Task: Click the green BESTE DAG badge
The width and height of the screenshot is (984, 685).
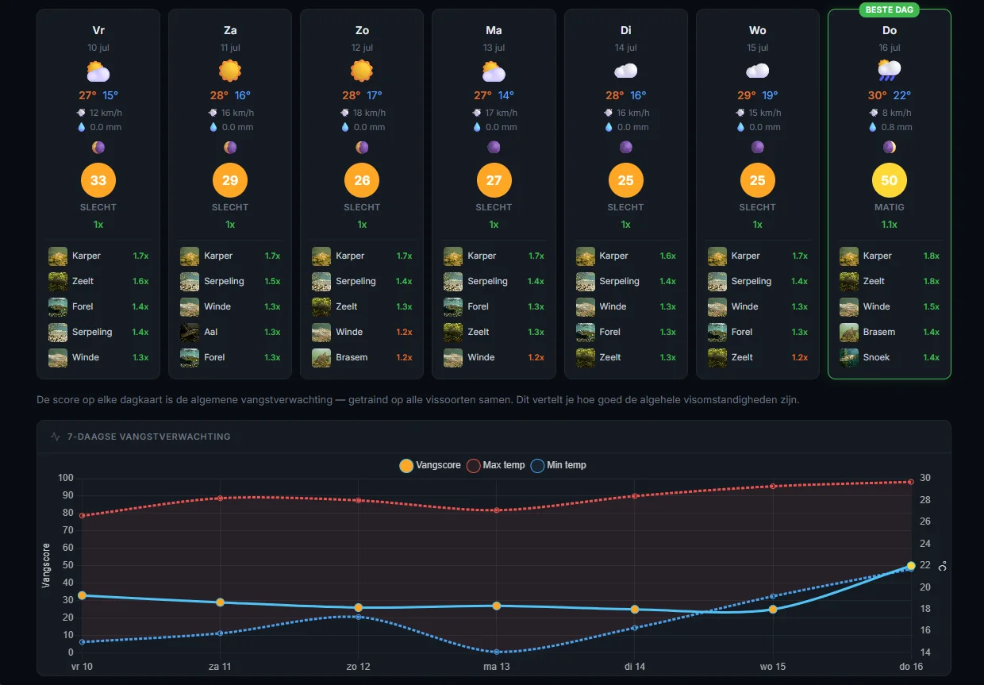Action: coord(889,10)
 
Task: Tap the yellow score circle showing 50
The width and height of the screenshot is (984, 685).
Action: coord(889,180)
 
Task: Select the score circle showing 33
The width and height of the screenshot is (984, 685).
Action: coord(98,180)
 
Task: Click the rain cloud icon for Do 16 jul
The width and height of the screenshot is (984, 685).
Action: coord(889,71)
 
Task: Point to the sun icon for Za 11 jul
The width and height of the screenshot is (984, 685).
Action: coord(230,71)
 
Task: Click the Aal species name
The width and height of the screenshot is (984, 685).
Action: coord(211,332)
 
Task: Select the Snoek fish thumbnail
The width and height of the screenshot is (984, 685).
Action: coord(849,357)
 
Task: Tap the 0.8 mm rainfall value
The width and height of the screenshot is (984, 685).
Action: coord(897,127)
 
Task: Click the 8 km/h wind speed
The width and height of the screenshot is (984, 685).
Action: coord(897,113)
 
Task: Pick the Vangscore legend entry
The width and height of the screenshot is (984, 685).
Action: coord(430,465)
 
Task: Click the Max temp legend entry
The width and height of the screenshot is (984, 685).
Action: coord(496,465)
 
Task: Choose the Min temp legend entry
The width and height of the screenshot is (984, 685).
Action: coord(559,465)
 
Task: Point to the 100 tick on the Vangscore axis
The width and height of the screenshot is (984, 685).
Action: coord(65,478)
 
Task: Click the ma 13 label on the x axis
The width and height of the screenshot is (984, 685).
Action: coord(497,667)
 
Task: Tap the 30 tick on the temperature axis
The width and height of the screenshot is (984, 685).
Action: coord(925,478)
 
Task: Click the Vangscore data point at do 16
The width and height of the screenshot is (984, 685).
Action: coord(911,565)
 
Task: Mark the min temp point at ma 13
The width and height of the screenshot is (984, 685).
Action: coord(497,652)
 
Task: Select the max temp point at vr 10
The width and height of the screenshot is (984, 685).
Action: coord(83,515)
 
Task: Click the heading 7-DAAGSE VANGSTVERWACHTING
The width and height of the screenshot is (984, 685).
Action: coord(148,437)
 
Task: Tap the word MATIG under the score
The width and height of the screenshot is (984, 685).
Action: coord(889,207)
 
